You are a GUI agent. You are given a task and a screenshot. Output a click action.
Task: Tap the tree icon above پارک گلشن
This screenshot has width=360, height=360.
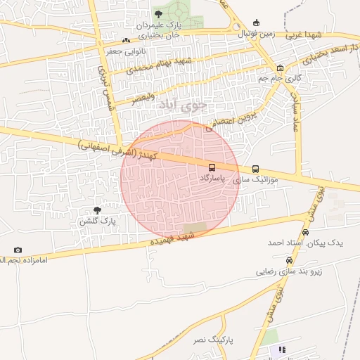[x=98, y=210]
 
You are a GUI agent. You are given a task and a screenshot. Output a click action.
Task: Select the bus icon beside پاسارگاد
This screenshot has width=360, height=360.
[x=212, y=168]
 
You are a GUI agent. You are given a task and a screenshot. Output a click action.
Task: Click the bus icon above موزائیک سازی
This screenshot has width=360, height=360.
[x=255, y=169]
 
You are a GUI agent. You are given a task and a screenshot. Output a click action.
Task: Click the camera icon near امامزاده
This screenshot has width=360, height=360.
[x=18, y=250]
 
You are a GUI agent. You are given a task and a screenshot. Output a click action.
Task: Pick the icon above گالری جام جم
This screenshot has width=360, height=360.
[x=280, y=68]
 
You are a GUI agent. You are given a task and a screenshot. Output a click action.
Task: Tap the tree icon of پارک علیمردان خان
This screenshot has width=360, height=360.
[x=157, y=13]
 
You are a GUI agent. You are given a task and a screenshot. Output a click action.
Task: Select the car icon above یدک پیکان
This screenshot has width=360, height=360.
[x=305, y=232]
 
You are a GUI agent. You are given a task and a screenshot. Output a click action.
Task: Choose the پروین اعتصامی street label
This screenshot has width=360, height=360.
[x=232, y=120]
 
